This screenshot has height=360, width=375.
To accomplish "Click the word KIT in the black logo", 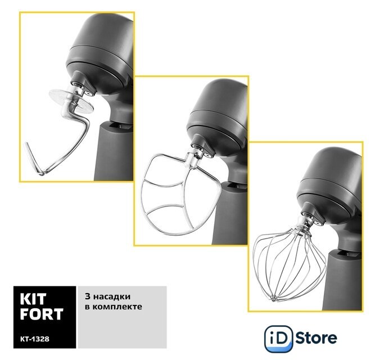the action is pos(33,299).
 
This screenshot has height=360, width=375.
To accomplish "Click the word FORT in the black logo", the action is pos(42,314).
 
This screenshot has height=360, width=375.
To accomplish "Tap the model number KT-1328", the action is pos(35,339).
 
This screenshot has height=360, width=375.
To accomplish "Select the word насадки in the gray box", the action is pos(112,296).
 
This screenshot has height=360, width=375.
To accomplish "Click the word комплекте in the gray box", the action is pos(117,307).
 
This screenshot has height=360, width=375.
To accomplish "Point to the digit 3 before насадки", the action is pos(88,296).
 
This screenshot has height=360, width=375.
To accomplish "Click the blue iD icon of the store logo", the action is pos(279,339).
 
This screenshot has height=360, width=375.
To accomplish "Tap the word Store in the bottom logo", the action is pos(316,338).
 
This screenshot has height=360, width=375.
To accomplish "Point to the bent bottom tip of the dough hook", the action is pos(41,173).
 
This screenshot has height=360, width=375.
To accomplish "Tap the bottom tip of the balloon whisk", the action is pos(273,299).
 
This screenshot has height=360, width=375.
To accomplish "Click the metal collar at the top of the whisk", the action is pos(302,224).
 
